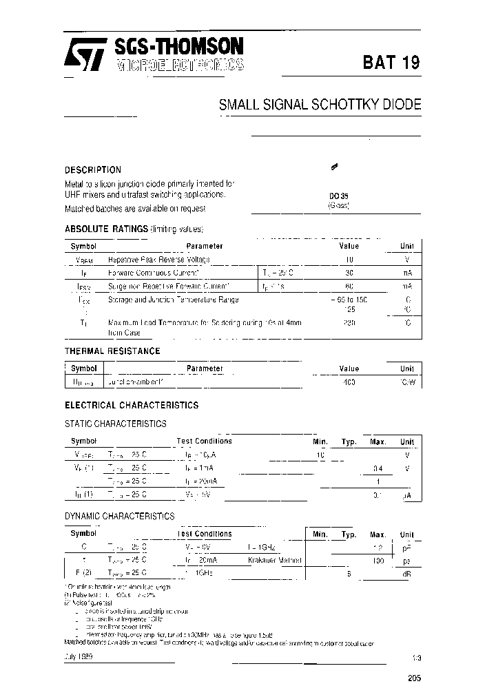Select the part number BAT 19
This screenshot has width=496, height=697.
(391, 63)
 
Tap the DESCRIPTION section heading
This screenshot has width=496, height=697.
(93, 170)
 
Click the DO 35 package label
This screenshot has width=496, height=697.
(338, 196)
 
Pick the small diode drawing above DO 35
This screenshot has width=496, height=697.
(335, 167)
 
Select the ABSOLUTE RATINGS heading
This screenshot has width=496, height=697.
(106, 229)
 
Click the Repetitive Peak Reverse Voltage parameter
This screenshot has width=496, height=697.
(159, 260)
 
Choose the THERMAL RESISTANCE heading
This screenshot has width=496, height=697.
(112, 351)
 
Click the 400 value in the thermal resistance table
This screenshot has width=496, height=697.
(349, 382)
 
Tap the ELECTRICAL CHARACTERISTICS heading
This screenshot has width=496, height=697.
(132, 406)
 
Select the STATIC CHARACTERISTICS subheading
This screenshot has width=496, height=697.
(115, 424)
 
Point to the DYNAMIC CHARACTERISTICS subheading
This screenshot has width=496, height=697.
(119, 516)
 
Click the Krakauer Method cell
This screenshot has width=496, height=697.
(275, 560)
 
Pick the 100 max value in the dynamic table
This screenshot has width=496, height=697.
(378, 560)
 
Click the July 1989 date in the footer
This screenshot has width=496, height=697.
(79, 657)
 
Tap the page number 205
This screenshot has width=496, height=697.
(414, 678)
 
